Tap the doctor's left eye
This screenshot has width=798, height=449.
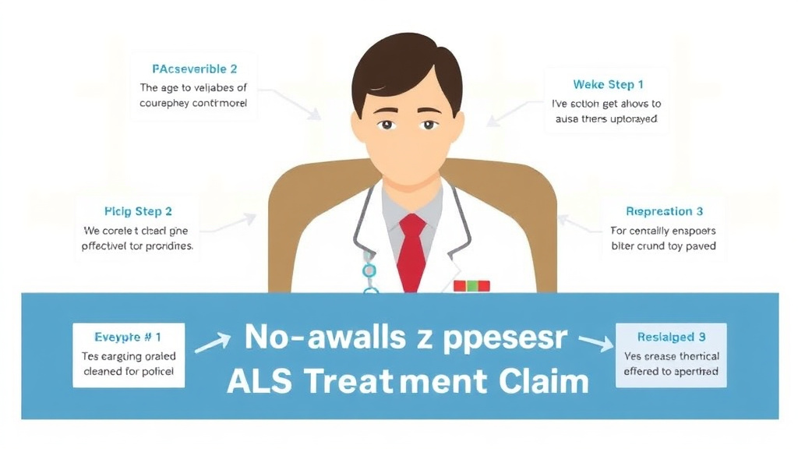427,124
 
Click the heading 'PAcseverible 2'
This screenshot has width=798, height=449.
193,69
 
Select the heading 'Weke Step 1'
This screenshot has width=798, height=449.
608,84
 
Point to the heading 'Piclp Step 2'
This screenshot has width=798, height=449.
138,210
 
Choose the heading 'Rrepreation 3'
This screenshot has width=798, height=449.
664,211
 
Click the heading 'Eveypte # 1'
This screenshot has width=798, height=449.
127,337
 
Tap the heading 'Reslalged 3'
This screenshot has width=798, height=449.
670,337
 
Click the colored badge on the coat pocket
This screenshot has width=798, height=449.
471,286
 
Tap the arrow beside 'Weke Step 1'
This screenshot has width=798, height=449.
510,114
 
